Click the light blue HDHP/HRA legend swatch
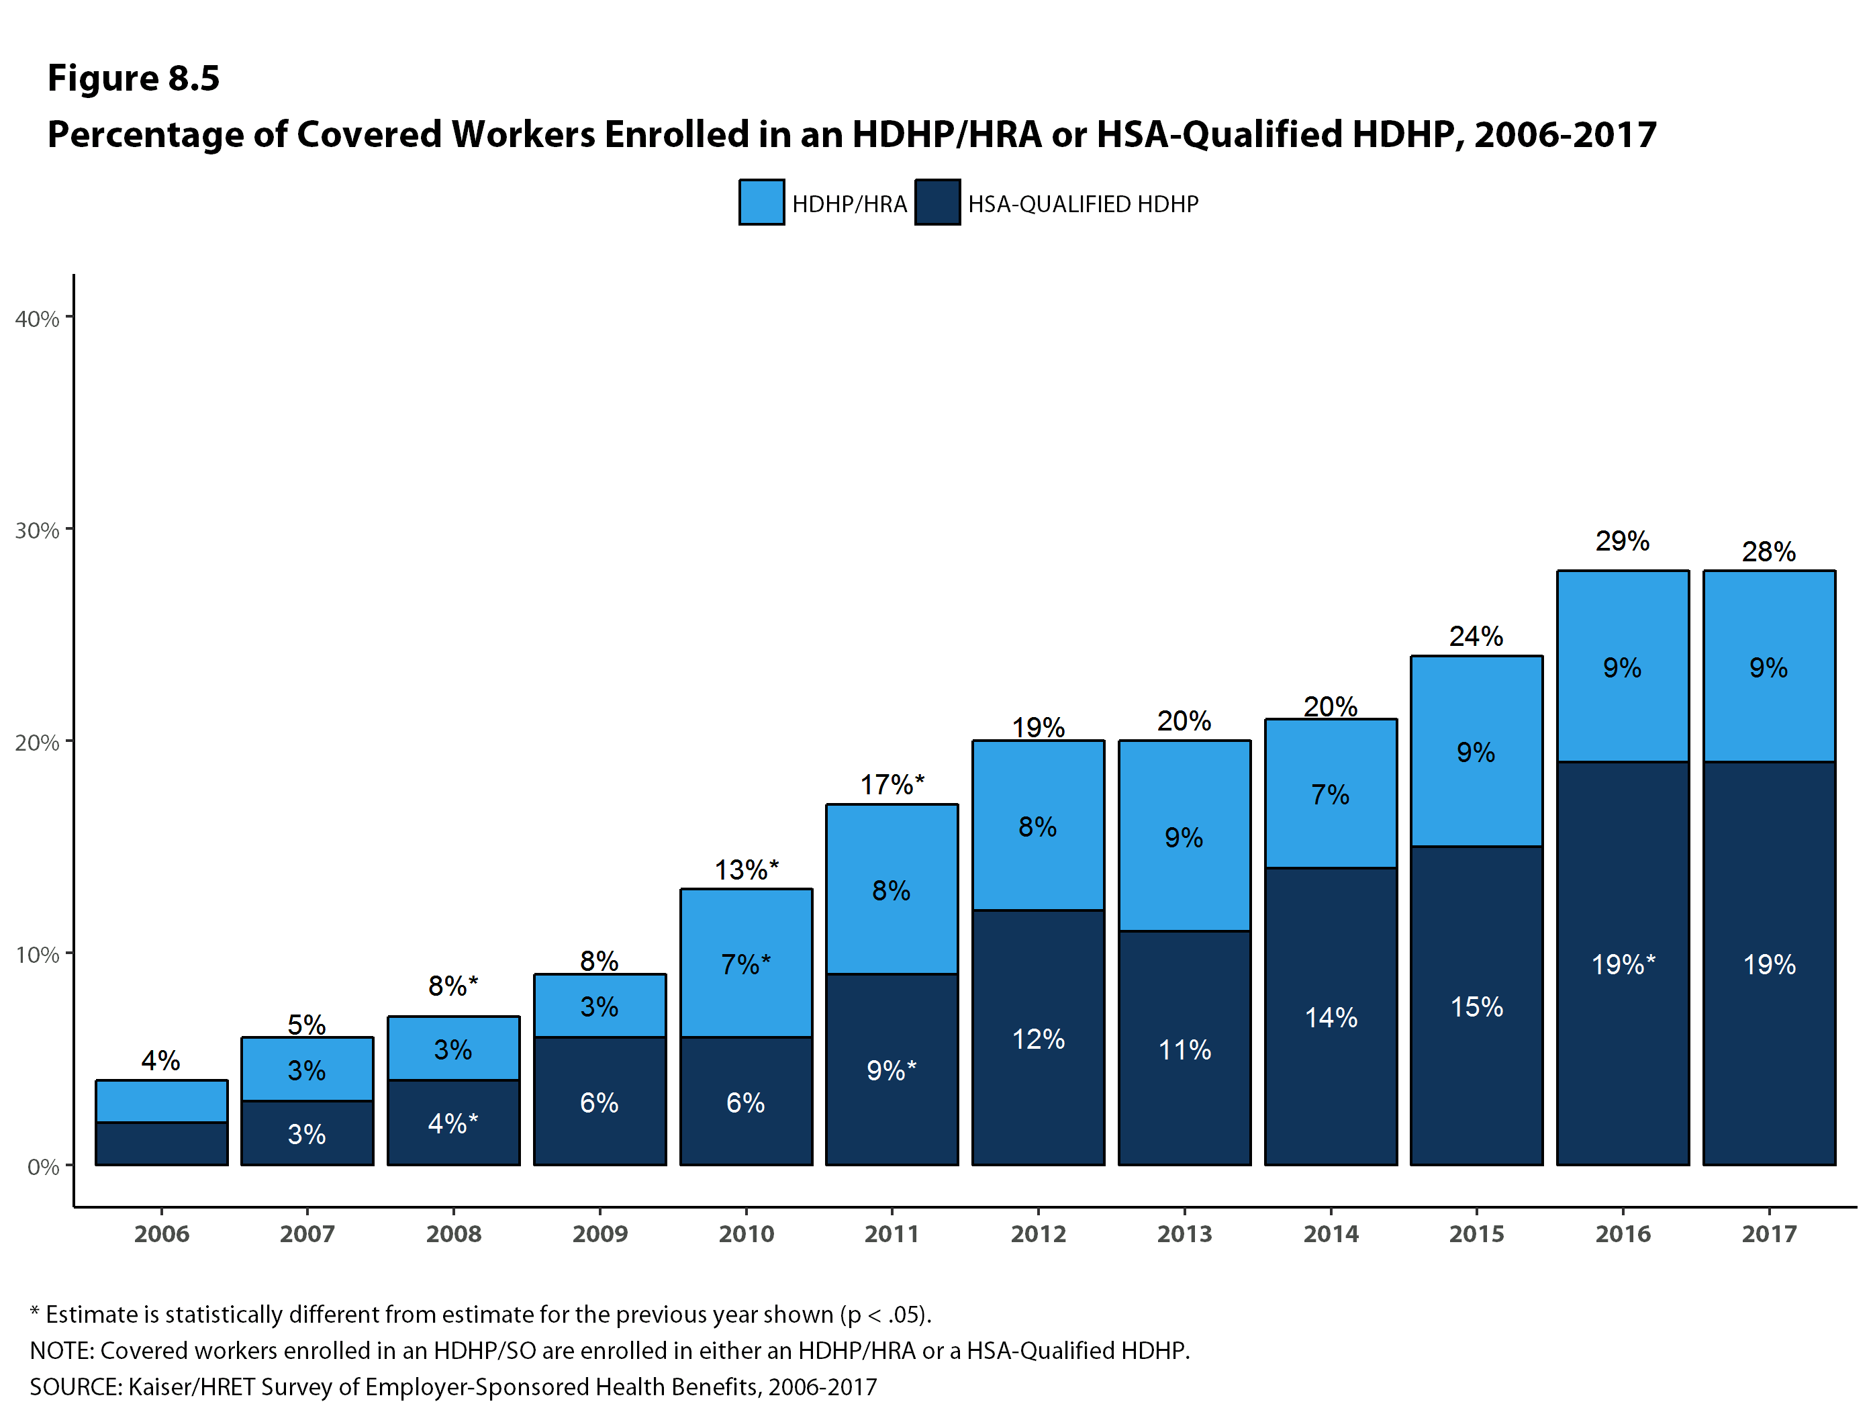point(761,202)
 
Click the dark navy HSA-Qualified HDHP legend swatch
point(936,202)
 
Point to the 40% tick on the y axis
point(37,319)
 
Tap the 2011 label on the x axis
point(892,1234)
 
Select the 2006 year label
point(161,1234)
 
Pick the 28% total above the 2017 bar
point(1768,552)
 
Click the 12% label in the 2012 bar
point(1038,1039)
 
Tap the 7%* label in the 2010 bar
point(745,965)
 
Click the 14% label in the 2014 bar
point(1331,1018)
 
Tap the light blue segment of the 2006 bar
point(161,1101)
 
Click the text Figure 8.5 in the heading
point(133,78)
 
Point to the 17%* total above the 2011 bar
point(892,785)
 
